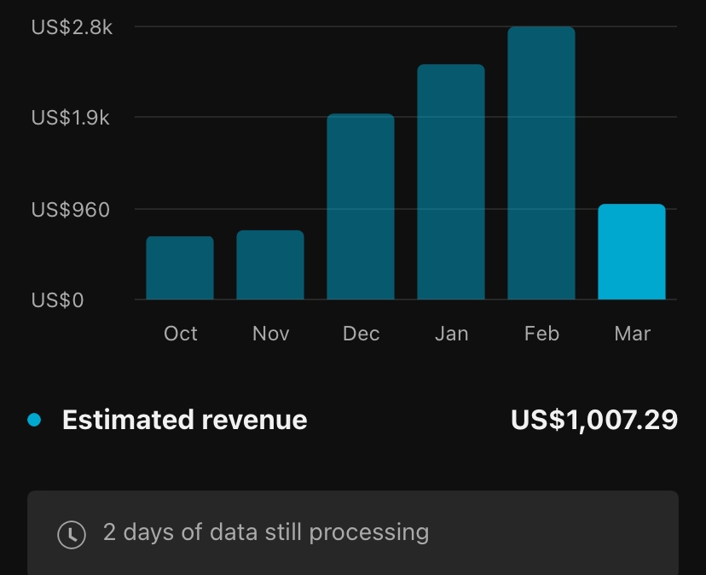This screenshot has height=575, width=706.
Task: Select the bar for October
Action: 180,268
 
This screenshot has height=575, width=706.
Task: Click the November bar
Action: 270,264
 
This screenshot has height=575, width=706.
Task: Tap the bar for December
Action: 361,206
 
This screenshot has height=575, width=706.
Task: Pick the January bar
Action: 451,182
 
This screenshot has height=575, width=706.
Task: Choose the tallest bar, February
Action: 541,163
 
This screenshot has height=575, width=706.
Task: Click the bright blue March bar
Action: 632,252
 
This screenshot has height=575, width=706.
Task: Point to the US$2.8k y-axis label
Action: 72,27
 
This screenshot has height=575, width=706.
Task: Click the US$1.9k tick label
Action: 71,118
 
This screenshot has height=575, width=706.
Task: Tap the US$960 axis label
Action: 71,209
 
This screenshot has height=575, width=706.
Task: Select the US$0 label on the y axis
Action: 58,300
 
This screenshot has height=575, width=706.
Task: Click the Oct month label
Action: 180,334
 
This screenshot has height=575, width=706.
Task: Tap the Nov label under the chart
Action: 270,334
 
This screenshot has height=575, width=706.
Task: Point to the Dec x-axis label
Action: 361,334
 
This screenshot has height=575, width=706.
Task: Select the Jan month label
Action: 451,334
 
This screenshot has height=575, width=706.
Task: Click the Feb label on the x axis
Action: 541,334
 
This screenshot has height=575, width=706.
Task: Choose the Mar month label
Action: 632,334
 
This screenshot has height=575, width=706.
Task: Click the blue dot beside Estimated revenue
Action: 35,420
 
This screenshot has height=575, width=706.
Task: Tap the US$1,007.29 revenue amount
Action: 594,420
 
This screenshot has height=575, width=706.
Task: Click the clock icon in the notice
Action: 72,534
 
